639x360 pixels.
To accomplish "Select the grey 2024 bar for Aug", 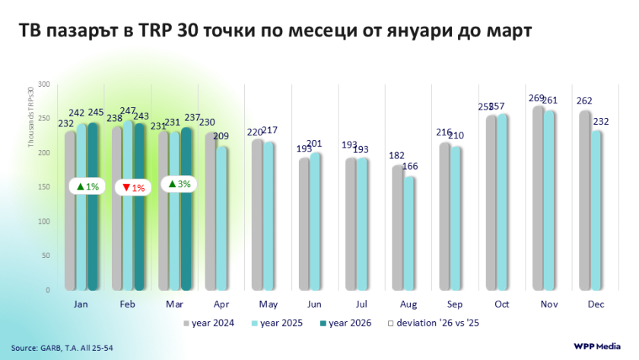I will click(x=397, y=228).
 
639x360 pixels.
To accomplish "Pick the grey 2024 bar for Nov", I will click(x=539, y=198).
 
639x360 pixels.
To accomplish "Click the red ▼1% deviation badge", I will click(x=133, y=187).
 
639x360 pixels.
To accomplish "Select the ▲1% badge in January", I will click(x=87, y=186).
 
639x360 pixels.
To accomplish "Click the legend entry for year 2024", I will click(x=208, y=323).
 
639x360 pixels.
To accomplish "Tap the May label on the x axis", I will click(x=268, y=304).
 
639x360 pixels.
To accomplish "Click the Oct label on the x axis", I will click(x=501, y=304).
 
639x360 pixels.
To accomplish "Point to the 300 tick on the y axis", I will click(x=44, y=84).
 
